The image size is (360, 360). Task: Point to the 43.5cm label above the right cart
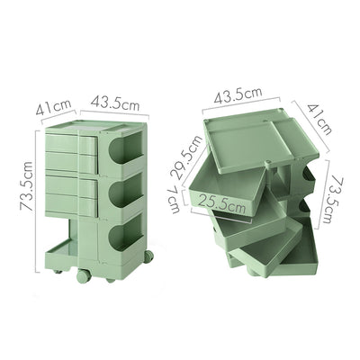click(x=238, y=94)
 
